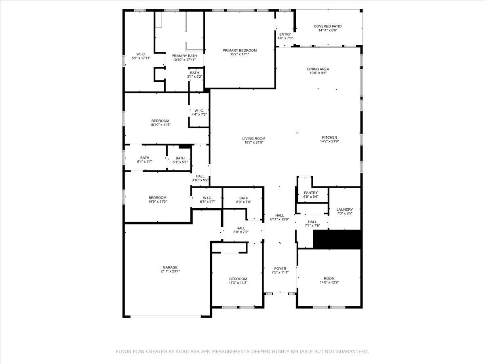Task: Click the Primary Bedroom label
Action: tap(239, 51)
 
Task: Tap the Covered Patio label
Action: tap(327, 26)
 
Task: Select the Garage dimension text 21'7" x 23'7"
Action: tap(170, 271)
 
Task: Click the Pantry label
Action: tap(310, 193)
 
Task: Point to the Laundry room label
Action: tap(344, 210)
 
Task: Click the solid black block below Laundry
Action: tap(337, 239)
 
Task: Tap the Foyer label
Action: tap(280, 269)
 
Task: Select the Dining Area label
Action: tap(318, 69)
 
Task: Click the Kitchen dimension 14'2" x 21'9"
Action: tap(329, 142)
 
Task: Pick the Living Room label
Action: tap(254, 138)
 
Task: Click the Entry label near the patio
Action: tap(285, 34)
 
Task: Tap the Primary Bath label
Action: tap(184, 56)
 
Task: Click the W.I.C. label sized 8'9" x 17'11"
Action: tap(141, 54)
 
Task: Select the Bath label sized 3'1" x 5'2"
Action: tap(194, 73)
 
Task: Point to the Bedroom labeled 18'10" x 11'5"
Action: tap(160, 121)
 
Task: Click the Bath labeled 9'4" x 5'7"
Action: tap(145, 158)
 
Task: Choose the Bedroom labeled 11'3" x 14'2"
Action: tap(238, 279)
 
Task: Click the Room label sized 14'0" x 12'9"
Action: tap(329, 279)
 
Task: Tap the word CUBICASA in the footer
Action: tap(189, 352)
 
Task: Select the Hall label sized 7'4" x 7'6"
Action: tap(312, 222)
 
